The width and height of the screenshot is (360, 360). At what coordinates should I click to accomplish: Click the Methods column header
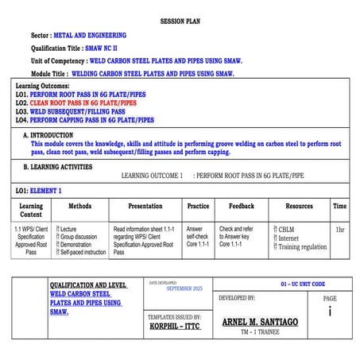point(80,206)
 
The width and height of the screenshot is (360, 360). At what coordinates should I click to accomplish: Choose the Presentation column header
point(145,206)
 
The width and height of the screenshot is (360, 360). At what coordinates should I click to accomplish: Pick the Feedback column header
point(242,206)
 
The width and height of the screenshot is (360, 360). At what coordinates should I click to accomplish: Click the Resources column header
point(299,206)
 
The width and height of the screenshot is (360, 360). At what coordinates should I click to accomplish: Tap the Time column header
point(339,206)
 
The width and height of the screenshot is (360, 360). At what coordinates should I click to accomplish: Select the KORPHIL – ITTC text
point(174,326)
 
